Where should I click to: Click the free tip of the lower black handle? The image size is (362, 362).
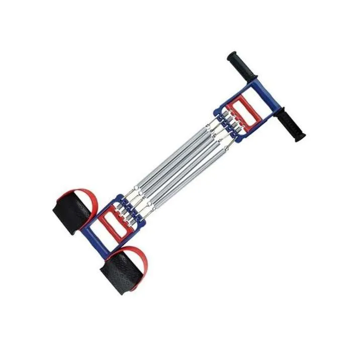click(x=301, y=136)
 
